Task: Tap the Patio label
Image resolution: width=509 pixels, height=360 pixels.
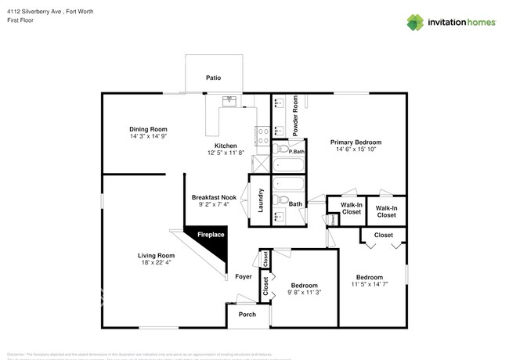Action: pos(212,78)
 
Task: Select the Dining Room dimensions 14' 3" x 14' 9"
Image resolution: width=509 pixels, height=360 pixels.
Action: pos(148,136)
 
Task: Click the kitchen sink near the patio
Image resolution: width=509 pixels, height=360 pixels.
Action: pos(229,100)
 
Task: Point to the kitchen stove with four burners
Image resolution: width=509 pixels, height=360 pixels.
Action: pos(262,134)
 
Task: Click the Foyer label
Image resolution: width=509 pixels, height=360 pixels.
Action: pos(243,277)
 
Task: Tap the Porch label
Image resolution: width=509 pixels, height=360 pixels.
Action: pos(247,315)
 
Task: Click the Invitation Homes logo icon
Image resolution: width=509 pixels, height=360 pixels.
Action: pos(415,22)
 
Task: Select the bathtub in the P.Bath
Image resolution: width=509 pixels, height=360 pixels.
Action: pos(288,164)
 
